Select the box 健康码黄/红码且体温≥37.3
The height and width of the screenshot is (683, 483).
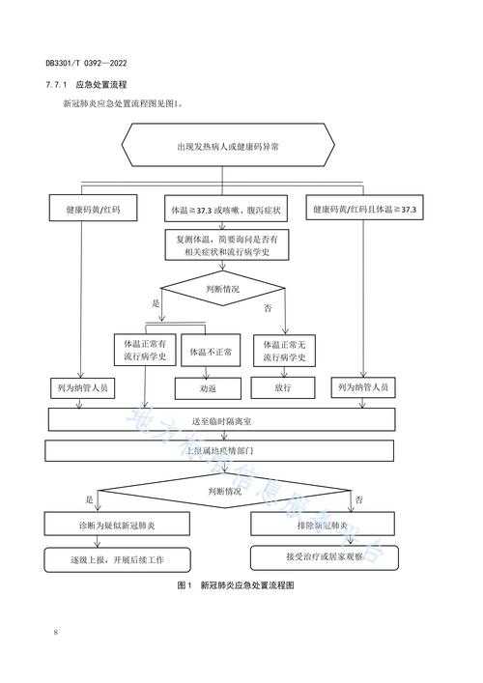click(x=362, y=209)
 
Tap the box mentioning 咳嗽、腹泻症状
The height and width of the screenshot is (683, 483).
click(x=226, y=209)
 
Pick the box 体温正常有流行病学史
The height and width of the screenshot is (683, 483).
click(x=145, y=351)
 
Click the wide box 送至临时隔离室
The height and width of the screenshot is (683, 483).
click(x=222, y=420)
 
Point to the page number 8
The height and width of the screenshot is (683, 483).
click(x=56, y=633)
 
